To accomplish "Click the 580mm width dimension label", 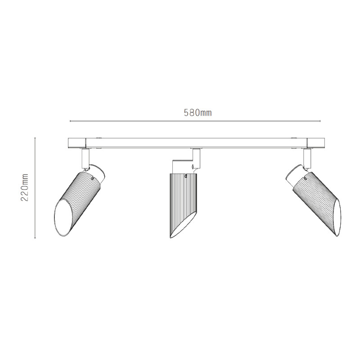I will click(x=198, y=113).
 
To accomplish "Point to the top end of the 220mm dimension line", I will click(x=36, y=138).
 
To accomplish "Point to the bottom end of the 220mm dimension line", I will click(x=36, y=238).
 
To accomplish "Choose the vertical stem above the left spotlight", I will click(x=85, y=157).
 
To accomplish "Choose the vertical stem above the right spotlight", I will click(x=307, y=157).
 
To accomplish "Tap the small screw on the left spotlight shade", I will click(x=92, y=178).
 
